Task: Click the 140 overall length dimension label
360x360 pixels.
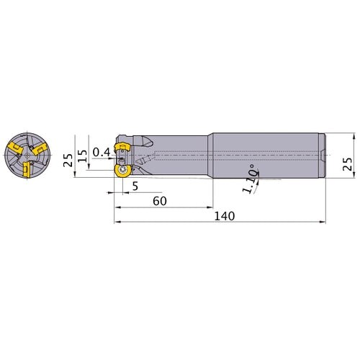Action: (x=225, y=216)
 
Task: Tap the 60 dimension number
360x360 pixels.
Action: (x=160, y=201)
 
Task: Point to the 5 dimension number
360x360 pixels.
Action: (x=135, y=186)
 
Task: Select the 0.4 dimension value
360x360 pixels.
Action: (x=102, y=152)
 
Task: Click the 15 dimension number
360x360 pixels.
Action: (x=82, y=156)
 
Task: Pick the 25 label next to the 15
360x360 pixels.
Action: (x=68, y=160)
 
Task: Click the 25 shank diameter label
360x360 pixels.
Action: (x=347, y=164)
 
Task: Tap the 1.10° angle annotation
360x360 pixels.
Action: (x=250, y=179)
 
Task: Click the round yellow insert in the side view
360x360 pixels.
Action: (x=123, y=171)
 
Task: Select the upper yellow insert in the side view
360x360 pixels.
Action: (x=122, y=147)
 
